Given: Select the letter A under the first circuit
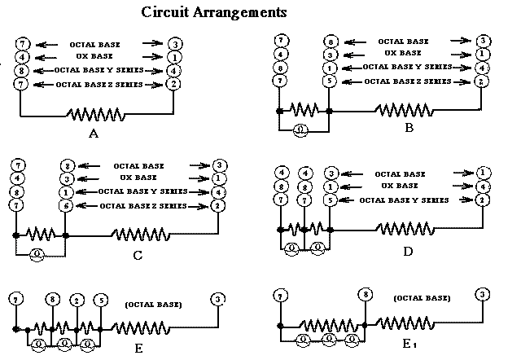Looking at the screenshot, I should [93, 134].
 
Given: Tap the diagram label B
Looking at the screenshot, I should [409, 127].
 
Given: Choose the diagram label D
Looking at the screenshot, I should [407, 252].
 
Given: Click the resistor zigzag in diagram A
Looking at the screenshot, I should [97, 114].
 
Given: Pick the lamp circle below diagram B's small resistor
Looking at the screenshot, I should [300, 128].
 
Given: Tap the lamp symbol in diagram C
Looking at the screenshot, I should [37, 253].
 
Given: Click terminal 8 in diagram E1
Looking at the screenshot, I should [366, 294].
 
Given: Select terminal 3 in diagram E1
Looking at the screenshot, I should [483, 294].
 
